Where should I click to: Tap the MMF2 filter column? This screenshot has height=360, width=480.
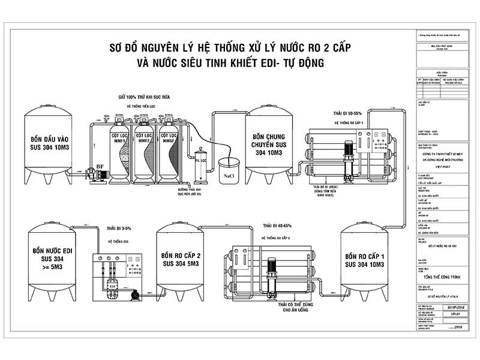pyautogui.click(x=143, y=150)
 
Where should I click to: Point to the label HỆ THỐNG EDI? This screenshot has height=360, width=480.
pyautogui.click(x=118, y=241)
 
